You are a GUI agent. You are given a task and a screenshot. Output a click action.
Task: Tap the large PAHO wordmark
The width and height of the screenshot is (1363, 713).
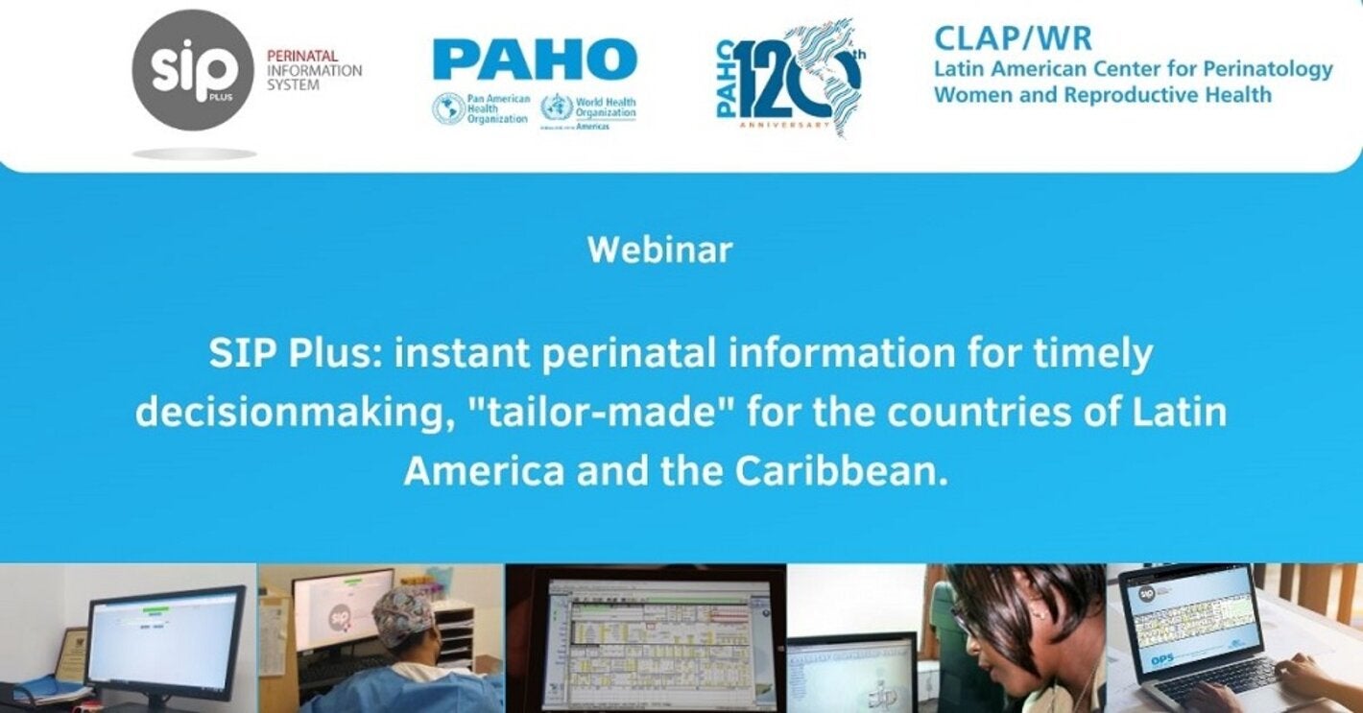tap(535, 59)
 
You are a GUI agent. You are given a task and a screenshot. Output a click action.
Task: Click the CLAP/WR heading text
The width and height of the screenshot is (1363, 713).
tap(1013, 39)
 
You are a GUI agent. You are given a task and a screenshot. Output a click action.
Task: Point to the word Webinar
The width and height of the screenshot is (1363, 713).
tap(659, 250)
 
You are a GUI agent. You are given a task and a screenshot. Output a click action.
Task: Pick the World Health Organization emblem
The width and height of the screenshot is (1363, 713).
tap(555, 107)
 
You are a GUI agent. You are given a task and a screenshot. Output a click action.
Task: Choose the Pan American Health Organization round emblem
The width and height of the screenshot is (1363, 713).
tap(448, 108)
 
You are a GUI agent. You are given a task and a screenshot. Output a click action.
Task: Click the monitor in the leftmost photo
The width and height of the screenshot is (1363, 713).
tap(165, 634)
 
